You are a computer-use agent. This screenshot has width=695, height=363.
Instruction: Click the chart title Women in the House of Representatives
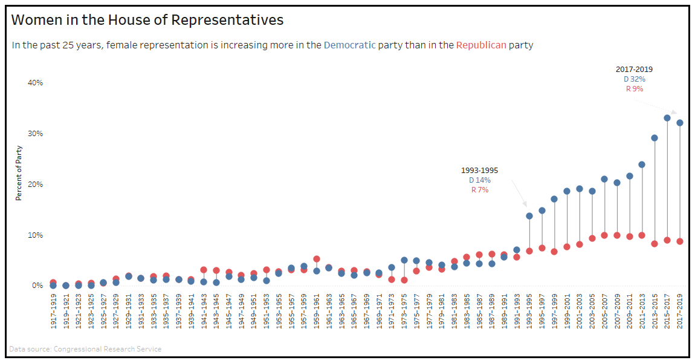click(147, 20)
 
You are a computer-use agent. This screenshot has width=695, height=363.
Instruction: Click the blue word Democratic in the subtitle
click(349, 45)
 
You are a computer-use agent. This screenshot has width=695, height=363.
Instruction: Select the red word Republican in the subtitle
click(481, 45)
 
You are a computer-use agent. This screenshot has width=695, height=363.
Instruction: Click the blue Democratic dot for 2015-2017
click(667, 118)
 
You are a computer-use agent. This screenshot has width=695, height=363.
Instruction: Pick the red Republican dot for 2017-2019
click(680, 241)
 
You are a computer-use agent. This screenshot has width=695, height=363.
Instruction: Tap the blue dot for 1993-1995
click(529, 216)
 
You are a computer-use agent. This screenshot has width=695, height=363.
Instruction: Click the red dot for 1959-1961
click(317, 259)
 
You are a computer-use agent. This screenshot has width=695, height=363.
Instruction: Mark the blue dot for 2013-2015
click(655, 138)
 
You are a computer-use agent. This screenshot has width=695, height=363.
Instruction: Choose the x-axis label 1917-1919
click(54, 312)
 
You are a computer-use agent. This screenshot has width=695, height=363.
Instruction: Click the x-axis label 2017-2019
click(680, 312)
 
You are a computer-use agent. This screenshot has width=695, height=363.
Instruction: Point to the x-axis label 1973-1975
click(404, 312)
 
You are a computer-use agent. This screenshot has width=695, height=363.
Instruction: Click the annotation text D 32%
click(635, 79)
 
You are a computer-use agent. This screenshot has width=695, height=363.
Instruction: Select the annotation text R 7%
click(480, 190)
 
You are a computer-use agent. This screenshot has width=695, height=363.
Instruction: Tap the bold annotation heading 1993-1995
click(480, 171)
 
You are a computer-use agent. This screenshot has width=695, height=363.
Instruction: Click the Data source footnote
click(86, 349)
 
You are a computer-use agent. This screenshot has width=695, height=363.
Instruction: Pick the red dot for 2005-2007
click(604, 235)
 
